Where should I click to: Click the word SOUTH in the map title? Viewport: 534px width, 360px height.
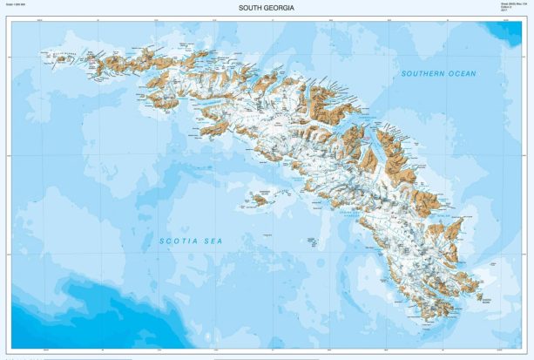pos(253,8)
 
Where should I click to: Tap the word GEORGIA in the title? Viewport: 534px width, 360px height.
pos(282,8)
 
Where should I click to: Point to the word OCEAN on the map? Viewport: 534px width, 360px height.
pos(462,74)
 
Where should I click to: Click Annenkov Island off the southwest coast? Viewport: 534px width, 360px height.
pos(260,200)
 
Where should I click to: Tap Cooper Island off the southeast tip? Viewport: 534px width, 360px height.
pos(478,296)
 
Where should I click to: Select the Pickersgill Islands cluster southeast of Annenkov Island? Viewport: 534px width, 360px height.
pos(310,234)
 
